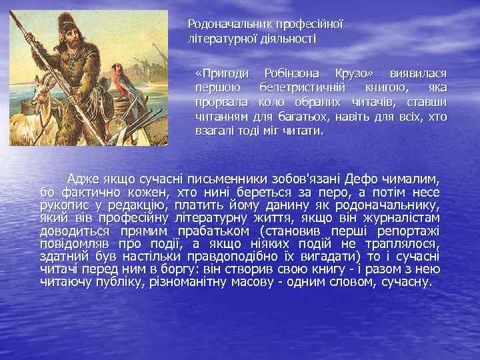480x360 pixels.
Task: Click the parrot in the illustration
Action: (119, 78)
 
